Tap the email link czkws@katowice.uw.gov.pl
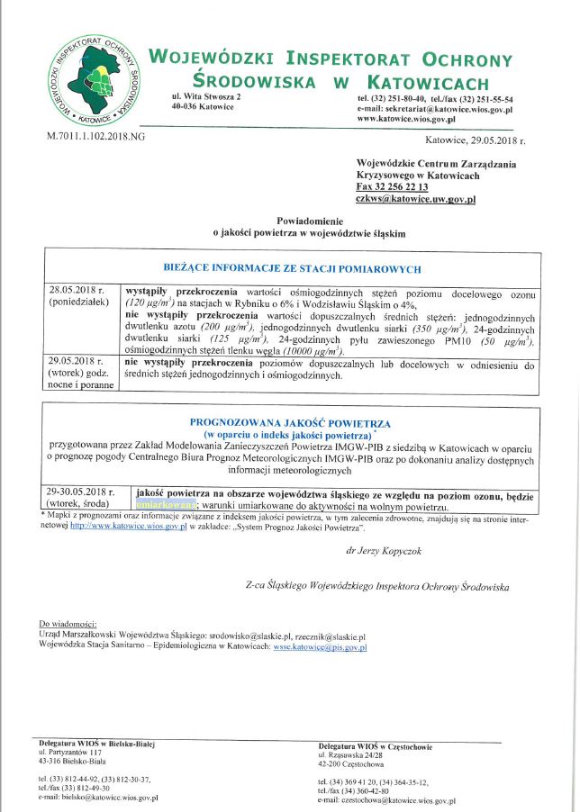pyautogui.click(x=416, y=199)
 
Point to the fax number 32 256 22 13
pyautogui.click(x=400, y=186)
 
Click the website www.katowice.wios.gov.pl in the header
pyautogui.click(x=406, y=118)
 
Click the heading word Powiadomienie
pyautogui.click(x=309, y=221)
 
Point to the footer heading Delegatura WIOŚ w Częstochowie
pyautogui.click(x=375, y=746)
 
